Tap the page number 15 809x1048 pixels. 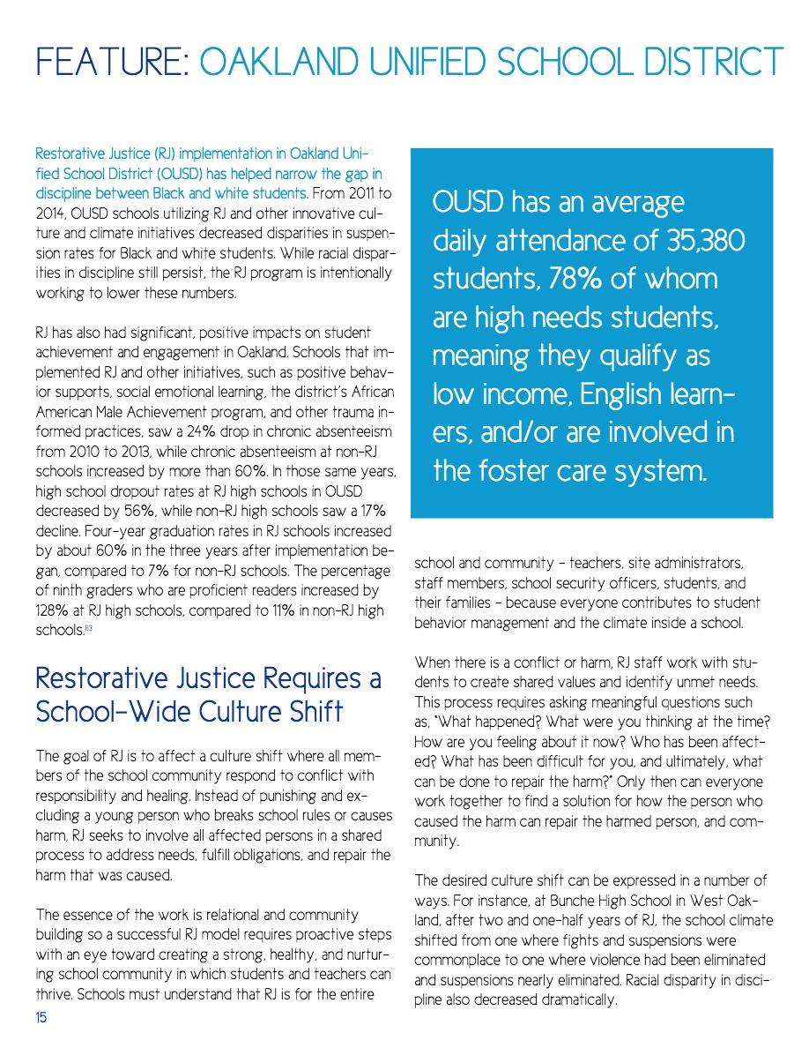point(41,1018)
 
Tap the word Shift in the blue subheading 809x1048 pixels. point(309,712)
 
